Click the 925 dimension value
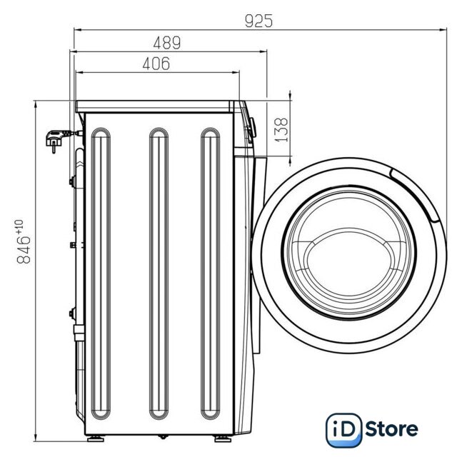pos(258,21)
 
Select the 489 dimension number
pos(167,43)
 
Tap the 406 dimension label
pos(156,64)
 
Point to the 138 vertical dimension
pos(281,130)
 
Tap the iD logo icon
pos(344,430)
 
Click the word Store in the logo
pos(391,429)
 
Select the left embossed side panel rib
pos(101,273)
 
